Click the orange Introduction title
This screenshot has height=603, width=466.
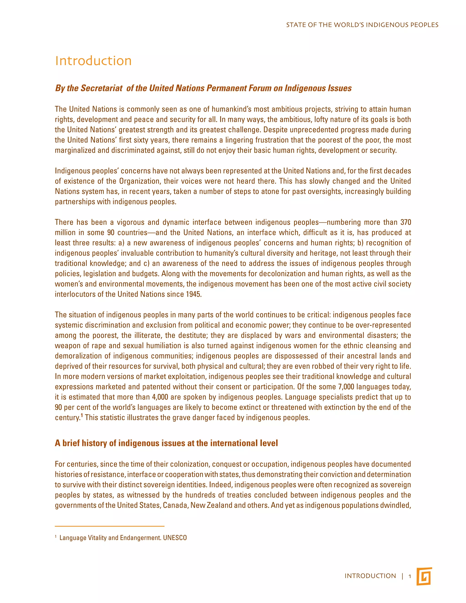[93, 61]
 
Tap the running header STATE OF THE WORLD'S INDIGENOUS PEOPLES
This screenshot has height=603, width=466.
[362, 25]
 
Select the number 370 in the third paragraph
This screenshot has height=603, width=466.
[405, 222]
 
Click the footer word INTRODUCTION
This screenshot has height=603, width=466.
[370, 576]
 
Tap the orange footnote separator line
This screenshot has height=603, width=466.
[110, 526]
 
